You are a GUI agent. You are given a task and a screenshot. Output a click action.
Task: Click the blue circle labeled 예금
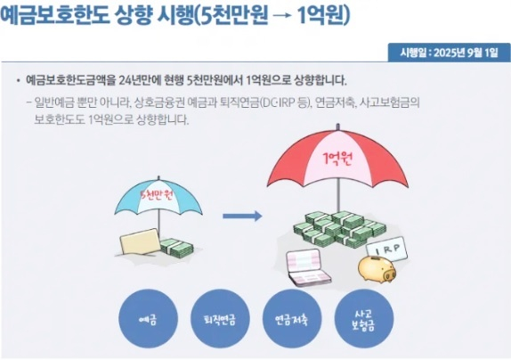[x=149, y=319]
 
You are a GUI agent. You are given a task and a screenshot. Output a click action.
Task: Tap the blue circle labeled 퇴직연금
[x=220, y=319]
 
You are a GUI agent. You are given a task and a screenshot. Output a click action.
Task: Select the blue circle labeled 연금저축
[x=292, y=319]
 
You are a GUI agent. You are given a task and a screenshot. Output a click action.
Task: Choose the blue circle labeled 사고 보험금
[x=364, y=319]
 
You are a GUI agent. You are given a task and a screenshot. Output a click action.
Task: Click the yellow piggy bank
[x=377, y=268]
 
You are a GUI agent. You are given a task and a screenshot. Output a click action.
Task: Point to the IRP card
[x=387, y=250]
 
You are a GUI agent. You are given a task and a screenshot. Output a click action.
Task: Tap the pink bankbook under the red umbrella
[x=308, y=267]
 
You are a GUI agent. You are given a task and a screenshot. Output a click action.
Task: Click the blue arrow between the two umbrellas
[x=242, y=216]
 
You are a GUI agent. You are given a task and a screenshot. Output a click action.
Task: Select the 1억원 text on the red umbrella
[x=337, y=159]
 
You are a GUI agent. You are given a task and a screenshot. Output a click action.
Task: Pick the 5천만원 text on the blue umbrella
[x=157, y=196]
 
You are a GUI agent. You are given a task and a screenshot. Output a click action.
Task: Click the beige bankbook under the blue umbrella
[x=140, y=241]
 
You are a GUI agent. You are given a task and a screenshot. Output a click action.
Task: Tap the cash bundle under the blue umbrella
[x=176, y=248]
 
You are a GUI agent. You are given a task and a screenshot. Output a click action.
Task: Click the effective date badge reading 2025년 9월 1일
[x=449, y=53]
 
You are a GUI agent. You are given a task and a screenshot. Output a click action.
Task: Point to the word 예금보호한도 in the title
[x=55, y=15]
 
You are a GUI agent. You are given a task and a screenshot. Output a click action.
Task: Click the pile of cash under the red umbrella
[x=340, y=229]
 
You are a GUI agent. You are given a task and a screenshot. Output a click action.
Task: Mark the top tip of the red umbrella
[x=338, y=124]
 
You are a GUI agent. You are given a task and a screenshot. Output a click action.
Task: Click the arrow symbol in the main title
[x=282, y=16]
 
